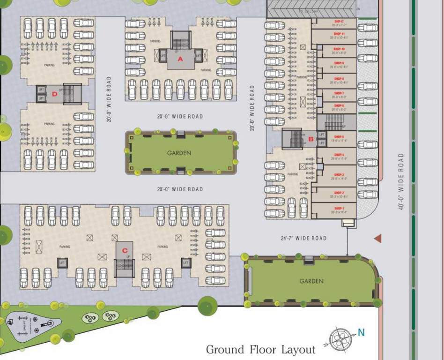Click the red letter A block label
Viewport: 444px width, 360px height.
point(180,59)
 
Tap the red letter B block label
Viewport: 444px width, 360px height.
point(310,139)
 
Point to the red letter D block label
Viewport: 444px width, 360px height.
point(54,94)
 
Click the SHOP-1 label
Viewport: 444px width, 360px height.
point(339,208)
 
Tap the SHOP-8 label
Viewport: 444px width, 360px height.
point(339,79)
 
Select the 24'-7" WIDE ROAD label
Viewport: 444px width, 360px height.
point(303,239)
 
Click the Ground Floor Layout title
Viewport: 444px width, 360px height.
point(260,349)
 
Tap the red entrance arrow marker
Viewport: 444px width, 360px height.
point(377,239)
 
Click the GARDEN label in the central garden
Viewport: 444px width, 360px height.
point(179,153)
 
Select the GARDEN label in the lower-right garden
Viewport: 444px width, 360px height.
point(311,281)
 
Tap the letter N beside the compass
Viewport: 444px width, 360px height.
point(361,333)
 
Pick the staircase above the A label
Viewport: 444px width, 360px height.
point(181,39)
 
